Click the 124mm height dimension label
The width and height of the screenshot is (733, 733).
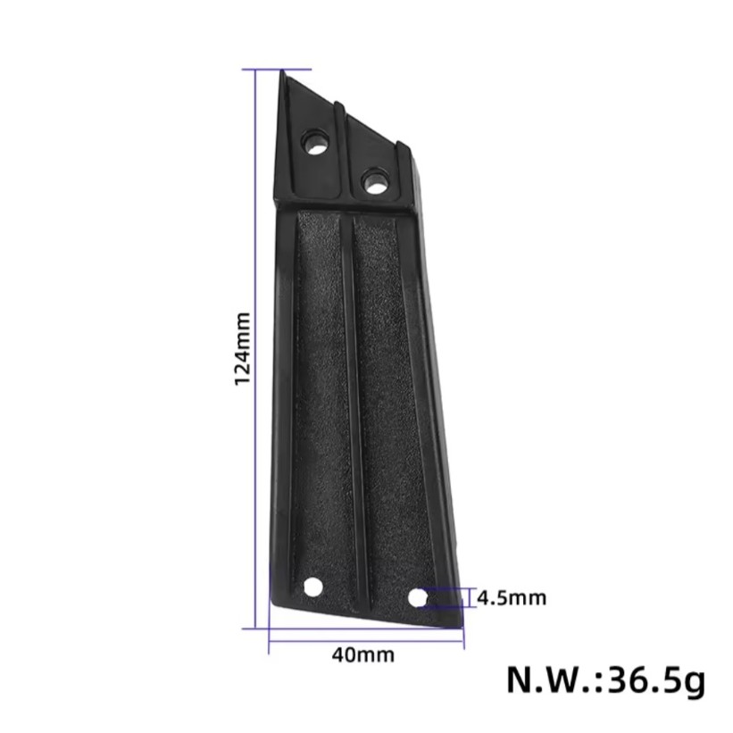242,349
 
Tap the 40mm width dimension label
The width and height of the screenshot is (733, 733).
363,655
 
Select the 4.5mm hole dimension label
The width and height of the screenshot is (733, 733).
512,598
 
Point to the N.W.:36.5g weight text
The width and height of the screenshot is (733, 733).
606,680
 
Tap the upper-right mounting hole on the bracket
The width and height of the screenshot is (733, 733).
376,180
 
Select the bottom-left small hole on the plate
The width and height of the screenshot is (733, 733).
313,587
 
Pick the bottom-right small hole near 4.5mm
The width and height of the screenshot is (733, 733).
418,597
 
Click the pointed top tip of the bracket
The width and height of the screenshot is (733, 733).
283,71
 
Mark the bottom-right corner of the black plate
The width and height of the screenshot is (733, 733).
461,628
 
